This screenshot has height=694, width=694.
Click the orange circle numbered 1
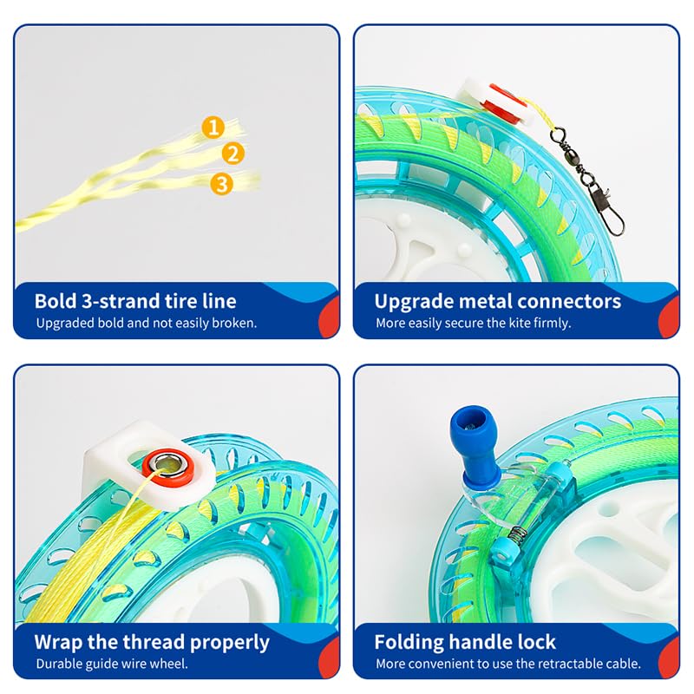(213, 127)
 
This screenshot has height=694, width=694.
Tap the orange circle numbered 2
(232, 154)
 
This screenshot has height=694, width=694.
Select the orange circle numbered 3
(222, 183)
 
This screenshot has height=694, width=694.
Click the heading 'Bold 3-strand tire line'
(135, 301)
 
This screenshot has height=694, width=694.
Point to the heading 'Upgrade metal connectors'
(498, 302)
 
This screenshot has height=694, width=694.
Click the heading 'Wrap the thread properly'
(152, 643)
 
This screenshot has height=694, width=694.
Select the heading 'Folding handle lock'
(465, 642)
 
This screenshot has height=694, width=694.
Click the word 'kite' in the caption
(519, 323)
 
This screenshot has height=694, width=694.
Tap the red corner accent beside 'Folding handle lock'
(669, 657)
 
